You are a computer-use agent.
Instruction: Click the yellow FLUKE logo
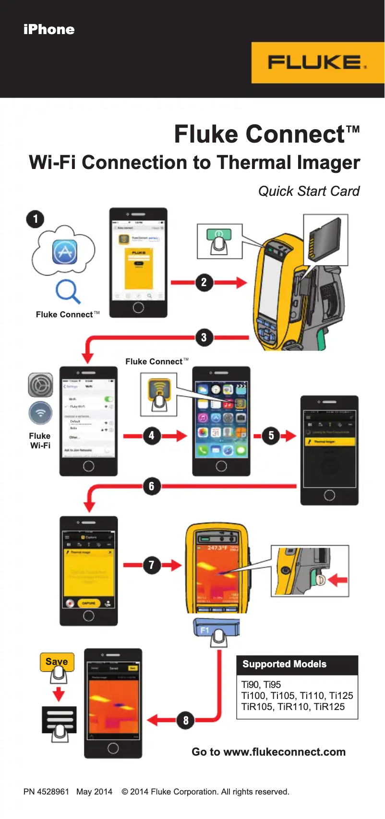point(317,63)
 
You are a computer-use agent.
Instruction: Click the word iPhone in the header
point(49,30)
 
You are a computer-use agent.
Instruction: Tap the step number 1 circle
point(35,219)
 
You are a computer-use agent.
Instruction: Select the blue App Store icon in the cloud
point(65,252)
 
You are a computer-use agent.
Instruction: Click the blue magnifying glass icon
point(68,291)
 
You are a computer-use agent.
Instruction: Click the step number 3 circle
point(204,337)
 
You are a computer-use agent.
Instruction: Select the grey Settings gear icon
point(40,385)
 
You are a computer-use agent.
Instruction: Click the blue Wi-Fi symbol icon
point(40,413)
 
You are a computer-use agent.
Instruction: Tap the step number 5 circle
point(271,436)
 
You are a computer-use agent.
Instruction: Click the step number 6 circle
point(152,486)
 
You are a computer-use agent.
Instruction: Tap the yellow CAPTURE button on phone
point(89,603)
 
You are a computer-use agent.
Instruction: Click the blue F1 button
point(216,629)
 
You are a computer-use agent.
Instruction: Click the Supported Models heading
point(284,664)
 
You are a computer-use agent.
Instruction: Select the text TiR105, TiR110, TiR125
point(293,707)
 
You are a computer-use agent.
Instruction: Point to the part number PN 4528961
point(46,792)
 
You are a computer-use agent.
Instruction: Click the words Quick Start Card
point(309,191)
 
